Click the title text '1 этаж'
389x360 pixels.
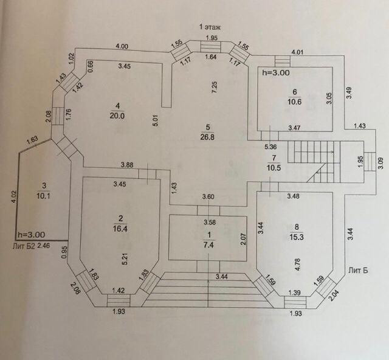point(212,26)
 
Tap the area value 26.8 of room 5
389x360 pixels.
point(208,137)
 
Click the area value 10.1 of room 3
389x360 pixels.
point(42,196)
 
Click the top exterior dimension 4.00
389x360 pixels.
point(122,46)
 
